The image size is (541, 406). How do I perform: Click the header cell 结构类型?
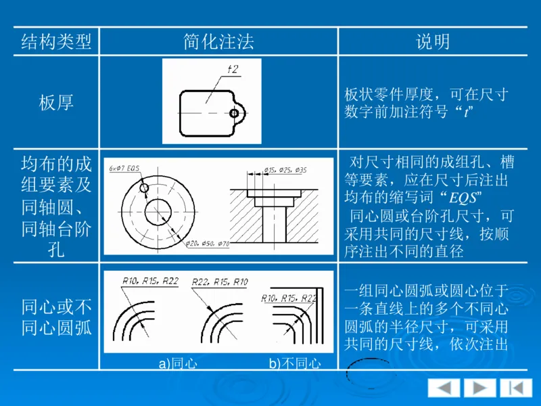56,42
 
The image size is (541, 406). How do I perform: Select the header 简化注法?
218,42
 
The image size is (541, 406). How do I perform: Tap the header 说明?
433,42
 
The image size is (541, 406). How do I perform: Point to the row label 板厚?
56,102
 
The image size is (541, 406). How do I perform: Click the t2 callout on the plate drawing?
233,69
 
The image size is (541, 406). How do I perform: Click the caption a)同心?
178,364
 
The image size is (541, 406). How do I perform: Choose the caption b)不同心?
295,364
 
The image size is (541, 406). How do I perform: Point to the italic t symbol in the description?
466,112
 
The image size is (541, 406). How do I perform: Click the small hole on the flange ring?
143,187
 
